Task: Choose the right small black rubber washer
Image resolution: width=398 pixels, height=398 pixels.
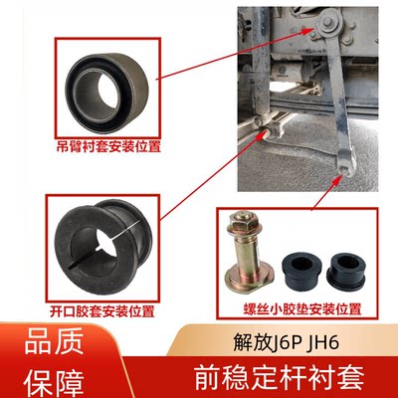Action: pyautogui.click(x=347, y=266)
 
